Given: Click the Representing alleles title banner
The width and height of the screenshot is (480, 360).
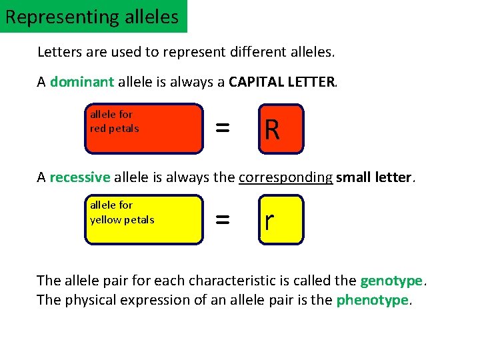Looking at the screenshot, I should point(93,16).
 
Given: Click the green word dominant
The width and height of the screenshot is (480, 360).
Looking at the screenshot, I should point(82,82).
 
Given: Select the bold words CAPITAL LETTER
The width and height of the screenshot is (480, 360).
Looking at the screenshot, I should point(283,82).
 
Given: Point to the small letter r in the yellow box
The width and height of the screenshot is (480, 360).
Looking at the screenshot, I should point(269,221).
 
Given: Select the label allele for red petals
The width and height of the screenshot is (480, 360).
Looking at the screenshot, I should point(115,121).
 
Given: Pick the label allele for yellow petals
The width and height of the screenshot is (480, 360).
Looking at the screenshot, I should point(122,212).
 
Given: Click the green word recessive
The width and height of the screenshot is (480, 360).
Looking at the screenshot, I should point(79,177).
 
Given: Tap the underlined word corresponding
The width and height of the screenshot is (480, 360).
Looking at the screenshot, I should point(285,177).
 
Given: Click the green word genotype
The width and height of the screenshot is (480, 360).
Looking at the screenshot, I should point(392,280).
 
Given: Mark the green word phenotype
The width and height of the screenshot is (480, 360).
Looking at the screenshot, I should point(373,300).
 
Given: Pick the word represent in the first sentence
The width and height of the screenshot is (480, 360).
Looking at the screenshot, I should point(191,51).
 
